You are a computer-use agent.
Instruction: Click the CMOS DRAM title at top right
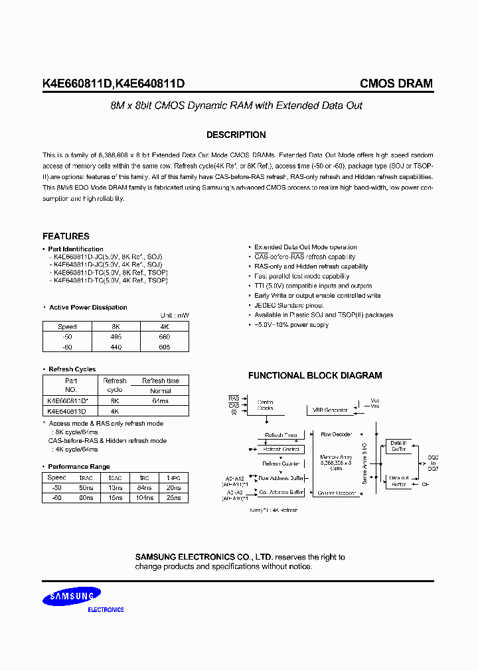pyautogui.click(x=396, y=84)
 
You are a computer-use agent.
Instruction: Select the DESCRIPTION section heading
pyautogui.click(x=236, y=135)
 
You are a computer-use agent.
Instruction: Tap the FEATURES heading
pyautogui.click(x=66, y=236)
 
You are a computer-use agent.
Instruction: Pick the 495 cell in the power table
pyautogui.click(x=116, y=336)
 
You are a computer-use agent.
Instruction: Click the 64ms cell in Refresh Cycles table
pyautogui.click(x=160, y=400)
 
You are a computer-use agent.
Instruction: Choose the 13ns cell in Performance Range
pyautogui.click(x=115, y=487)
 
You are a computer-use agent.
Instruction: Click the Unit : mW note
pyautogui.click(x=175, y=316)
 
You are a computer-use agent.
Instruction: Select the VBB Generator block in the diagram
pyautogui.click(x=331, y=410)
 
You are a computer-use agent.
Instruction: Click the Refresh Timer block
pyautogui.click(x=281, y=435)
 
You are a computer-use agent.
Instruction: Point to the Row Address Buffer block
pyautogui.click(x=281, y=477)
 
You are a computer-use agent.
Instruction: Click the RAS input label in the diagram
pyautogui.click(x=234, y=398)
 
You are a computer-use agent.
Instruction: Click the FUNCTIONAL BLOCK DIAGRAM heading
pyautogui.click(x=315, y=375)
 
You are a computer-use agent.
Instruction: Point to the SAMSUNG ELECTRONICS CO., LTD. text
pyautogui.click(x=203, y=557)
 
